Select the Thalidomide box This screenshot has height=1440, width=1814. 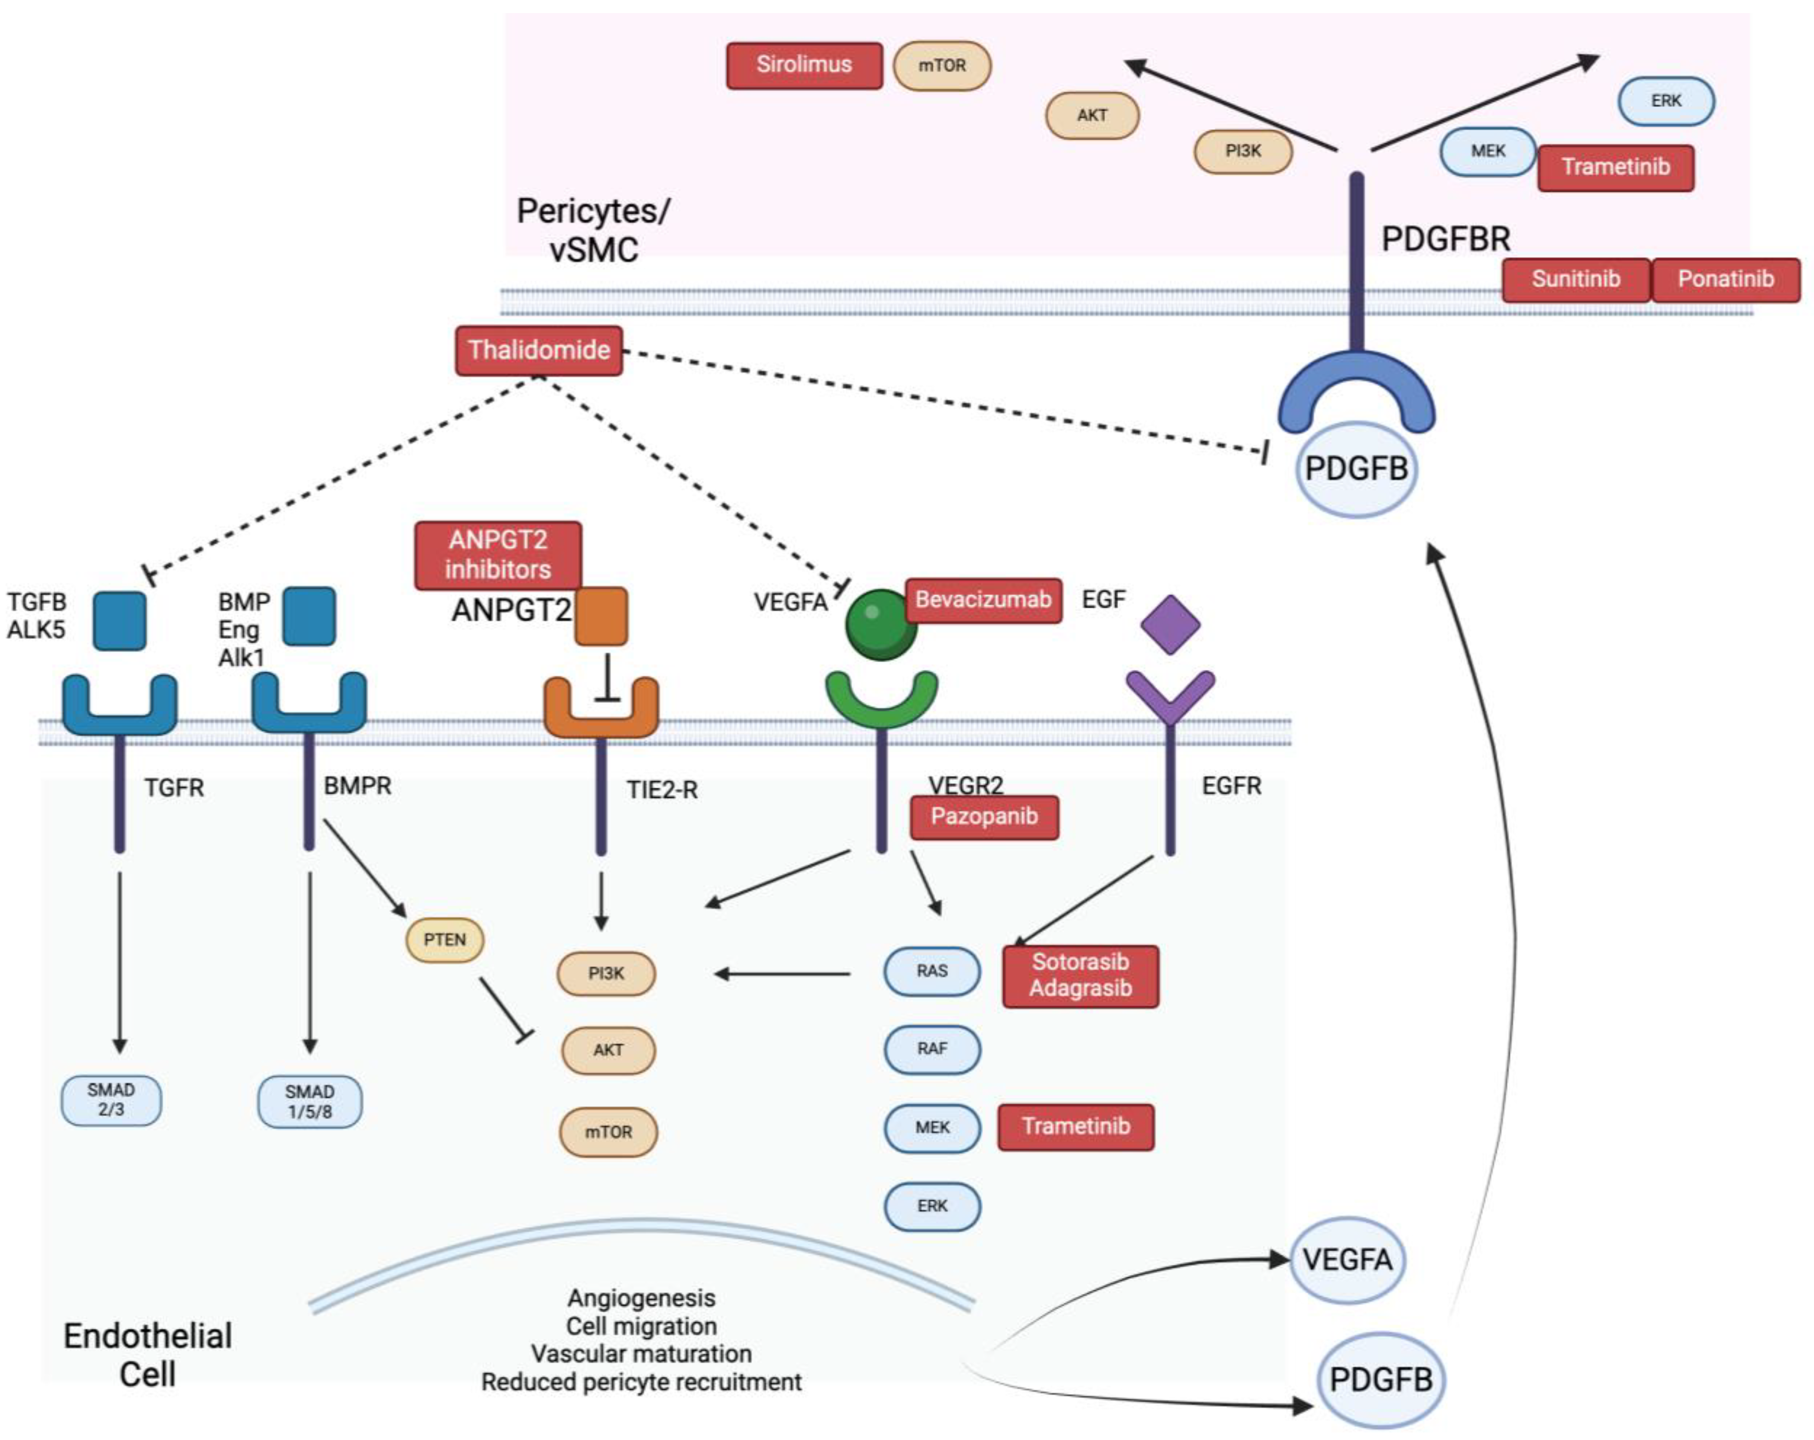(x=538, y=350)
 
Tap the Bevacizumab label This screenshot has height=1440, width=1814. (x=983, y=600)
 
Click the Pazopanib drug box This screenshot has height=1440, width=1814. (x=984, y=817)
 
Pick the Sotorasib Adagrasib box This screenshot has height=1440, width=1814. (x=1080, y=976)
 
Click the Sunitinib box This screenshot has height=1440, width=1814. (x=1575, y=279)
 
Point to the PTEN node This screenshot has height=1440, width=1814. (x=444, y=940)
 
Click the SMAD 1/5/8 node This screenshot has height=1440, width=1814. (x=309, y=1102)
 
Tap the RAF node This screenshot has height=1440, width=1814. (x=931, y=1049)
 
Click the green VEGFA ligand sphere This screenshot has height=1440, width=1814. (x=880, y=624)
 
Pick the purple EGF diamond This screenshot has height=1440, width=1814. (x=1169, y=624)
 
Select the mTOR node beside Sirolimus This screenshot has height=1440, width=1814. (x=941, y=66)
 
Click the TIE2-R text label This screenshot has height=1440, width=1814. (x=662, y=790)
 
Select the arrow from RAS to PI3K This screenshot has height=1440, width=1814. (x=783, y=974)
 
